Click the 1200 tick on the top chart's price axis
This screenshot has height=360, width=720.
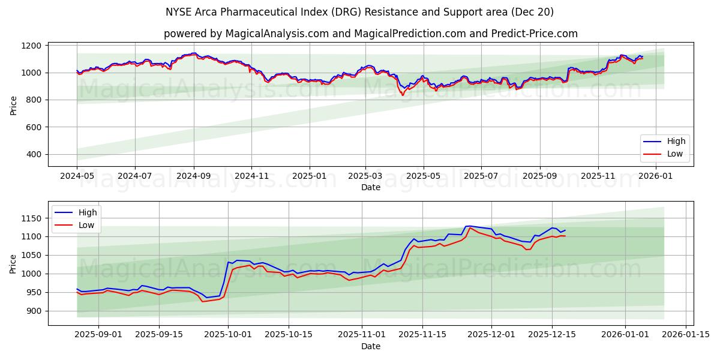[x=31, y=46]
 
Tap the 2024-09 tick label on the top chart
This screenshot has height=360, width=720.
[x=193, y=176]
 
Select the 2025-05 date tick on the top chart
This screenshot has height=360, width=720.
[x=423, y=176]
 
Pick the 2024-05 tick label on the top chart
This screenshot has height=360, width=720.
[x=77, y=176]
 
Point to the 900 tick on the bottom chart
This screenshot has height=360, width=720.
[x=33, y=311]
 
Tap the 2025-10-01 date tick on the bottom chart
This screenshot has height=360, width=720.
[x=228, y=335]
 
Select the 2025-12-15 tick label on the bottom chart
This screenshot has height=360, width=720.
[x=552, y=335]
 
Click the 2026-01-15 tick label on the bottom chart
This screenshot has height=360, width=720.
[x=686, y=335]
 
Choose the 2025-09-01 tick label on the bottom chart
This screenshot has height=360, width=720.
[x=98, y=335]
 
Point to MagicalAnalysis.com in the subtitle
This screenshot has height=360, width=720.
[x=277, y=34]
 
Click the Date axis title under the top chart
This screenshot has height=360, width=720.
[x=370, y=187]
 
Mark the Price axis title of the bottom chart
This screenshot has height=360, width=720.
[x=13, y=263]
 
